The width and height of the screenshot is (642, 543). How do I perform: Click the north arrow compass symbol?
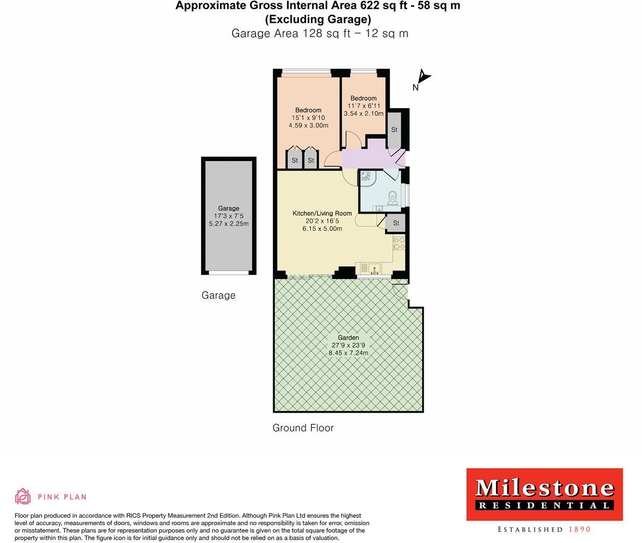click(423, 78)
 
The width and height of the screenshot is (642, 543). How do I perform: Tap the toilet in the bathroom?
click(393, 198)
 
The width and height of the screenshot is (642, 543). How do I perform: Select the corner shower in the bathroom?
click(367, 178)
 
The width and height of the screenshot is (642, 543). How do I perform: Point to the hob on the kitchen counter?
click(399, 243)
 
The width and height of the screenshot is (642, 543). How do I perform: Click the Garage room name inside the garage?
click(229, 208)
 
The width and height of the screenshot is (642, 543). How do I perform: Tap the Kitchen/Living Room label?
click(322, 213)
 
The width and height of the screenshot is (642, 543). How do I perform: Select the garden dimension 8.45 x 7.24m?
click(348, 353)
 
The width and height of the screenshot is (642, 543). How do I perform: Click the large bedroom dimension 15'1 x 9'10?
click(308, 118)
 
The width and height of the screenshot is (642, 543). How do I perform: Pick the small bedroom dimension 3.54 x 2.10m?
click(363, 114)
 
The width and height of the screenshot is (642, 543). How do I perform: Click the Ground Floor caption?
click(303, 428)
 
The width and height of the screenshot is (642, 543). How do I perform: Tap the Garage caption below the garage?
click(218, 295)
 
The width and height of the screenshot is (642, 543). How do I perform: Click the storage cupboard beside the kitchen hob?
click(396, 223)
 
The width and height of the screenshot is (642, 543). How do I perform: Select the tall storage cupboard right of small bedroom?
click(394, 130)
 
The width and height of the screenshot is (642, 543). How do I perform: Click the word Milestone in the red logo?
click(544, 488)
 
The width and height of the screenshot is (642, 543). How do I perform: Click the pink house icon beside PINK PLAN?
click(23, 496)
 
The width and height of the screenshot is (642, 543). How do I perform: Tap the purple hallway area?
click(372, 158)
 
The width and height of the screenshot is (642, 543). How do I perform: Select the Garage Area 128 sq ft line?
click(320, 33)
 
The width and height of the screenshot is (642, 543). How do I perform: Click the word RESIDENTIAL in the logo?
click(544, 505)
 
